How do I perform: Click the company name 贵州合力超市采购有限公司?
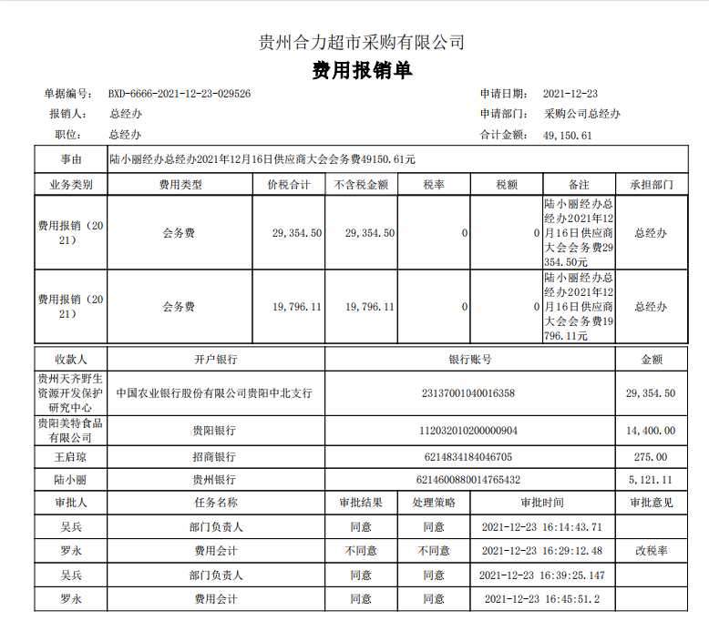click(x=362, y=42)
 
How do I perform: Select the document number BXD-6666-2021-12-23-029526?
click(x=180, y=93)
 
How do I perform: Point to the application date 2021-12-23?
click(x=570, y=93)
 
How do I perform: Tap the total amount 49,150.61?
click(x=568, y=135)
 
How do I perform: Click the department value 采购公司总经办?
click(x=582, y=114)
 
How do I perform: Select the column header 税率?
click(x=434, y=184)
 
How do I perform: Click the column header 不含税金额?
click(x=361, y=184)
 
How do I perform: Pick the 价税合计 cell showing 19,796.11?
click(x=296, y=307)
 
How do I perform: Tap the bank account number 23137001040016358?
click(x=468, y=393)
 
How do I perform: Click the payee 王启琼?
click(x=70, y=456)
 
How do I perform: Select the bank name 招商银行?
click(x=213, y=456)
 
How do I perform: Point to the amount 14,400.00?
click(x=651, y=431)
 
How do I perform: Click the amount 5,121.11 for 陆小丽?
click(x=651, y=479)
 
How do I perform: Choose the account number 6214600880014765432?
click(x=468, y=479)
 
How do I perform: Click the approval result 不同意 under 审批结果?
click(x=361, y=551)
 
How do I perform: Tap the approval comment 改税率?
click(x=651, y=551)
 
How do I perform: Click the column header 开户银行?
click(x=215, y=359)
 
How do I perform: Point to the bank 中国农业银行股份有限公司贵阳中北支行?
click(x=215, y=393)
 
